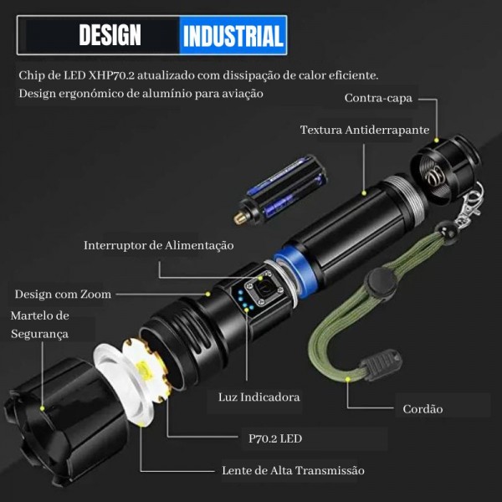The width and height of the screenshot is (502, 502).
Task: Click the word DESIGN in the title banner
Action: tap(110, 35)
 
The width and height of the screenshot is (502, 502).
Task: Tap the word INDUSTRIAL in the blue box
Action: tap(233, 36)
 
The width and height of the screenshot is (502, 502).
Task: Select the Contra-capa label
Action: tap(378, 98)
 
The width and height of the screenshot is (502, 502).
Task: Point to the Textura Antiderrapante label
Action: tap(365, 130)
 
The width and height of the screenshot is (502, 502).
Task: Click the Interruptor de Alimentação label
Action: tap(158, 245)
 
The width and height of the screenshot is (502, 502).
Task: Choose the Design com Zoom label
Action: tap(63, 295)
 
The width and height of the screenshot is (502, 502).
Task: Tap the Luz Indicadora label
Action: tap(259, 397)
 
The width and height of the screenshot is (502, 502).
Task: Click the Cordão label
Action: tap(423, 409)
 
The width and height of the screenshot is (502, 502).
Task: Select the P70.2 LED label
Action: tap(275, 438)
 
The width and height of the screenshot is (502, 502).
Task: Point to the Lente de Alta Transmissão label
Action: tap(293, 470)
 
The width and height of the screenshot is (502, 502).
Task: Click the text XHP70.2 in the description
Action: tap(111, 75)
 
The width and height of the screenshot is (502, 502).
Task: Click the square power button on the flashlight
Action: tap(262, 289)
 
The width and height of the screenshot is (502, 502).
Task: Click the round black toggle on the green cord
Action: tap(381, 283)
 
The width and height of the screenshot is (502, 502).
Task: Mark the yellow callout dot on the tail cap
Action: tap(436, 141)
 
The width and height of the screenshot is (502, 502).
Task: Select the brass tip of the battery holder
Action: tap(240, 218)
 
